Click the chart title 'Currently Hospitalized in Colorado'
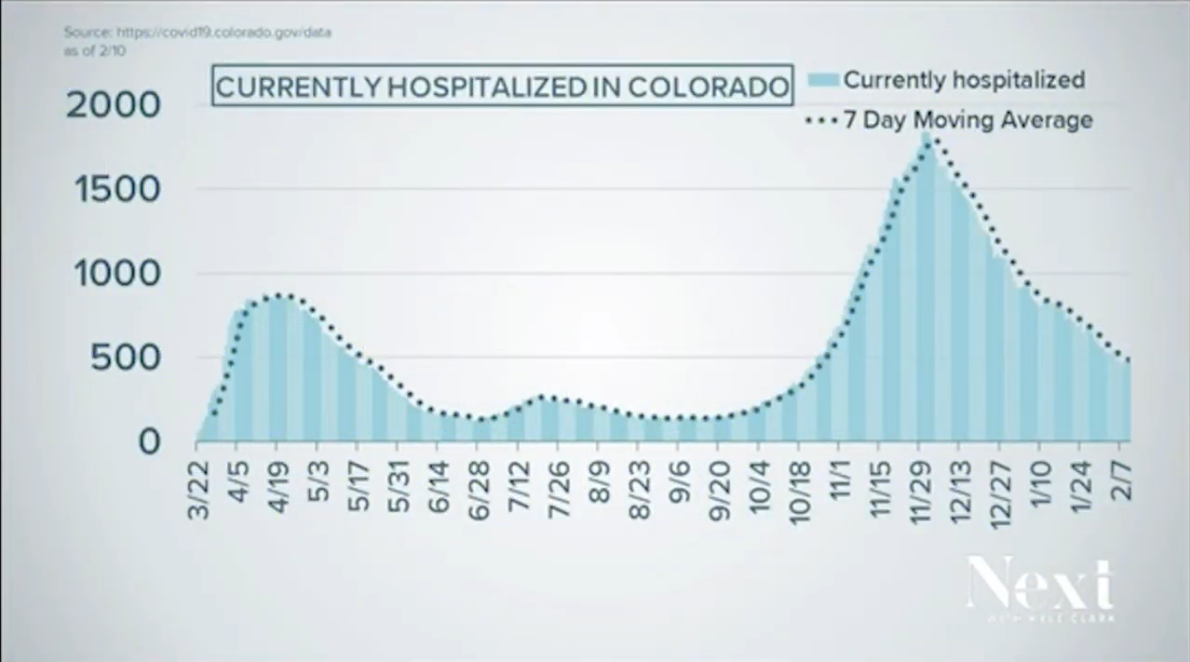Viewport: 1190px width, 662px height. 503,87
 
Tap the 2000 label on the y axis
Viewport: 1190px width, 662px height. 114,105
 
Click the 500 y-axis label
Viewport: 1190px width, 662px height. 126,358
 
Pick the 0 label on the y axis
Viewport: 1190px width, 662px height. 149,442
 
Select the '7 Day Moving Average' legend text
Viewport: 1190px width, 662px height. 967,120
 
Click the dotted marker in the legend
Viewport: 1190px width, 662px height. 818,120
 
